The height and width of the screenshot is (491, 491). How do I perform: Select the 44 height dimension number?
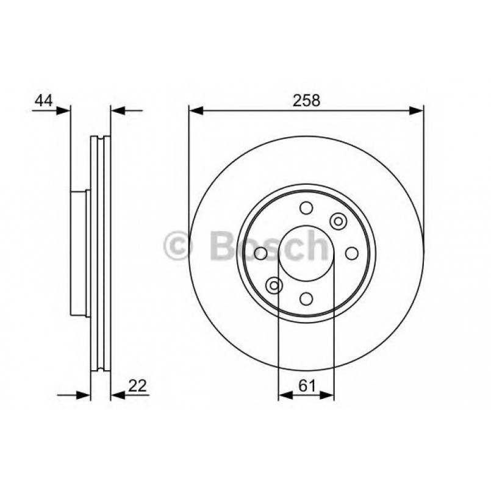coord(42,100)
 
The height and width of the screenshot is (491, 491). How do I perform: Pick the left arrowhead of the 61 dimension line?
coord(284,395)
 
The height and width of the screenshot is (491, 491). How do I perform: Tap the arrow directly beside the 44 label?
coord(63,110)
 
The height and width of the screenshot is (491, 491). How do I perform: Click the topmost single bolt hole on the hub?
coord(306,208)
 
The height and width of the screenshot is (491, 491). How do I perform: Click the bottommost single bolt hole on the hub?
coord(306,298)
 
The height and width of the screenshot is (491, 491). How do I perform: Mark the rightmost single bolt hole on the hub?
coord(351,253)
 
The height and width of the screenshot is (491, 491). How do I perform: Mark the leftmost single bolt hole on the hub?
coord(260,253)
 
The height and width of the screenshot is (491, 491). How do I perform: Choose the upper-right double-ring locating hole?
coord(337,221)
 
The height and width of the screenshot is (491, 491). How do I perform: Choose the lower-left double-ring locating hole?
coord(274,285)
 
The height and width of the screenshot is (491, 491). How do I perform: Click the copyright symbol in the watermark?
coord(179,247)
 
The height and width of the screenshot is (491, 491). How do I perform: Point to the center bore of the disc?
coord(306,253)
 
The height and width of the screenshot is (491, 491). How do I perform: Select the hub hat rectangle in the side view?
coord(79,253)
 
